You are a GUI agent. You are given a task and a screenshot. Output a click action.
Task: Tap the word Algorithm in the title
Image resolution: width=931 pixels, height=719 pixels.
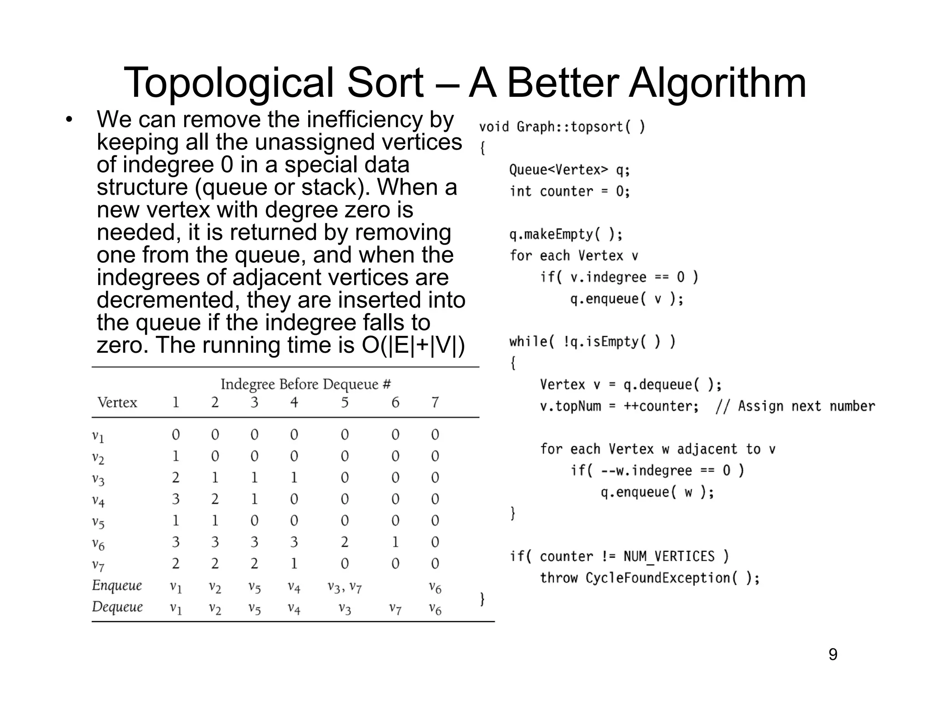coord(717,83)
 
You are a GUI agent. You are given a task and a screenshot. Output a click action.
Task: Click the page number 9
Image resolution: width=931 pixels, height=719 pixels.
coord(833,654)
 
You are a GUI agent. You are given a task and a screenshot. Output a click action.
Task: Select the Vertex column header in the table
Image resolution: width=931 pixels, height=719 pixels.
coord(117,403)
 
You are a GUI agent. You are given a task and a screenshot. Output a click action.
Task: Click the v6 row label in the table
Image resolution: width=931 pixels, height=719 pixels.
coord(98,543)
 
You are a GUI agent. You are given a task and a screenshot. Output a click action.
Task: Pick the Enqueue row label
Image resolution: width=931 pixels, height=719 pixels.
coord(117,585)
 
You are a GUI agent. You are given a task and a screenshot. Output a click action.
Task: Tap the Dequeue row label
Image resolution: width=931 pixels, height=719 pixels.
coord(117,607)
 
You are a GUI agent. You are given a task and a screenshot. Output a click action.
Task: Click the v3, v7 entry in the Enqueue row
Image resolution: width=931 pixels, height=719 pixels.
coord(345,587)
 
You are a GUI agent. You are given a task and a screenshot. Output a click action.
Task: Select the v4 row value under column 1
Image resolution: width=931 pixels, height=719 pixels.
coord(175,499)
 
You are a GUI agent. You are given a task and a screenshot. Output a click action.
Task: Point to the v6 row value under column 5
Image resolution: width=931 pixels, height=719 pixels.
coord(345,542)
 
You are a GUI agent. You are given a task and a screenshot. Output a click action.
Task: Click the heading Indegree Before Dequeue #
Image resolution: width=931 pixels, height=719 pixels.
coord(305,384)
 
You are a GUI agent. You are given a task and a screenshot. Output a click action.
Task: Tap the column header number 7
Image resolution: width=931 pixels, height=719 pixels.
coord(435,403)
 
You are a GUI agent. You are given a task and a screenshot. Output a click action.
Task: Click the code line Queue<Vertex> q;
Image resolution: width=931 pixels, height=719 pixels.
coord(570,170)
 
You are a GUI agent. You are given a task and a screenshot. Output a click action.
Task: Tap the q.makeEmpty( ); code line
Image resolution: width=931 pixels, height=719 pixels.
coord(566,235)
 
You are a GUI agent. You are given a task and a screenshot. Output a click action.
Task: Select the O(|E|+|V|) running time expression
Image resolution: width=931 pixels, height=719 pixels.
coord(413,345)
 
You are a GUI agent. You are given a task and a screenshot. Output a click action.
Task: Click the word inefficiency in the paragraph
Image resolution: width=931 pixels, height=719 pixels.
coord(365,120)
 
